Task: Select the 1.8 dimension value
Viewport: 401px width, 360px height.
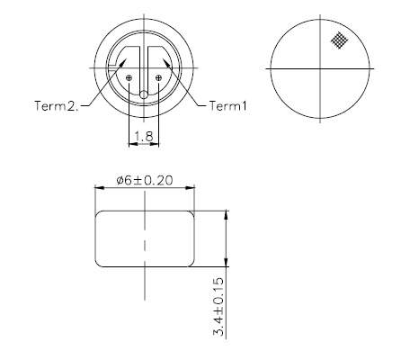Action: [x=144, y=137]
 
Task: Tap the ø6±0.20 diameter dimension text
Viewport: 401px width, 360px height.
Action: [x=145, y=182]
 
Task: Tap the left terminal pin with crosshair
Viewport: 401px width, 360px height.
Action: [x=130, y=78]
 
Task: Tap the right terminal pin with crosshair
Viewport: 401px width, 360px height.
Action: [x=159, y=78]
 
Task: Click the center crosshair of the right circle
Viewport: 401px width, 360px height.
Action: [x=321, y=68]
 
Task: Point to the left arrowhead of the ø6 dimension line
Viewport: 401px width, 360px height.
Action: [x=99, y=189]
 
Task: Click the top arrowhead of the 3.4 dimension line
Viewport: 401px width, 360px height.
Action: [x=225, y=215]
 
